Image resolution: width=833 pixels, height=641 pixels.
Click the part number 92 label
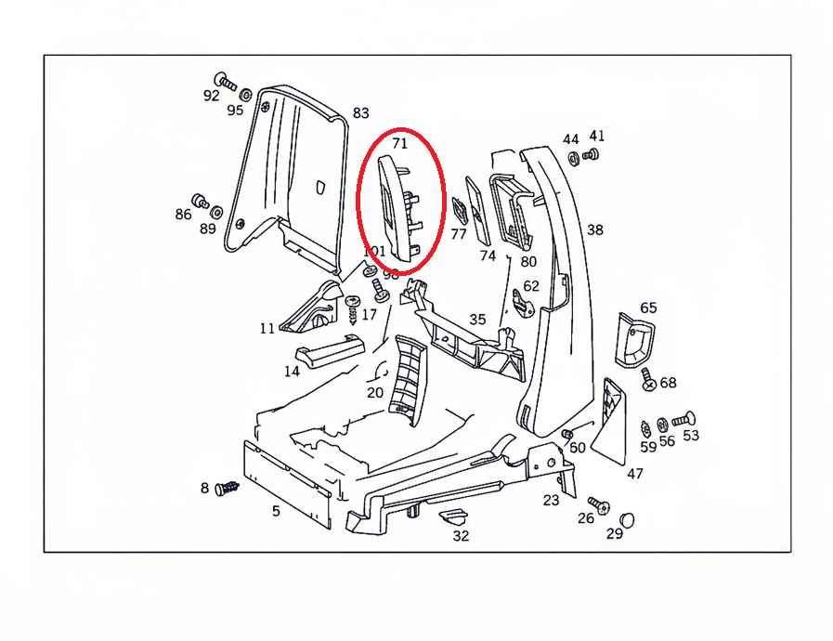(212, 96)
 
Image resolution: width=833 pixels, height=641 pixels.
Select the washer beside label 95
(245, 95)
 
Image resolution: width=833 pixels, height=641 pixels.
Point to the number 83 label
(360, 113)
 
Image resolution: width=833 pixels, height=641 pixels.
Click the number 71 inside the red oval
(400, 144)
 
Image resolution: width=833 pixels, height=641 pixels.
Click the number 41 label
(596, 136)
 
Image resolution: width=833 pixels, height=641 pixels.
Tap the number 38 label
(595, 229)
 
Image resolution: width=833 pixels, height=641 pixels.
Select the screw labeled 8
(227, 488)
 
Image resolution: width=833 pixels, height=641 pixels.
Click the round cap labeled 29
(629, 517)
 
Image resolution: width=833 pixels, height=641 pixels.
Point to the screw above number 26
(599, 505)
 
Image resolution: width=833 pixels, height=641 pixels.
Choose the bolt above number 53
(684, 419)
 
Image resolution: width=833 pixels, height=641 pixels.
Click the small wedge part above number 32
(454, 516)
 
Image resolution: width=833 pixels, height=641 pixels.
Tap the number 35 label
(477, 320)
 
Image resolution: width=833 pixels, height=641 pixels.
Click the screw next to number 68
(647, 378)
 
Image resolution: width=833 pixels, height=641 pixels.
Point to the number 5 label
(276, 511)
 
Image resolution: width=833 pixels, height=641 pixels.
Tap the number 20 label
(375, 392)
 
